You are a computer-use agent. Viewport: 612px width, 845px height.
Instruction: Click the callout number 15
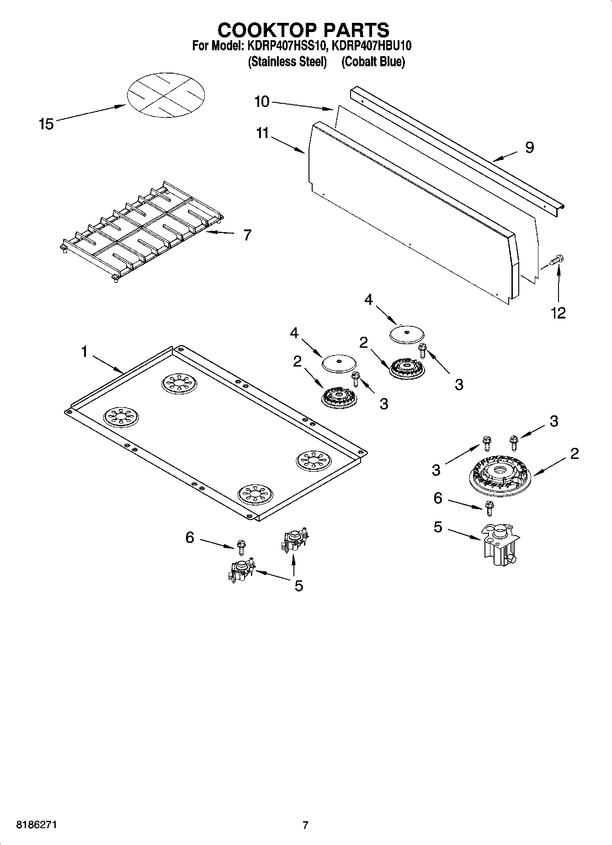coord(46,124)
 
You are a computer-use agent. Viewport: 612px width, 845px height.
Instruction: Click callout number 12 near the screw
coord(558,313)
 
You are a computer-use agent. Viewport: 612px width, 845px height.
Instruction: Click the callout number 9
coord(529,147)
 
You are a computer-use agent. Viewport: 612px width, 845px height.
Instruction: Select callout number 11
coord(262,133)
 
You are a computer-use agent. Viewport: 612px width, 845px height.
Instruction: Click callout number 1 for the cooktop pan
coord(84,351)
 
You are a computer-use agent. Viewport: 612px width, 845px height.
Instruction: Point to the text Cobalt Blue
coord(373,62)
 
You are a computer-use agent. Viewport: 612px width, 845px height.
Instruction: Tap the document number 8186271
coord(37,825)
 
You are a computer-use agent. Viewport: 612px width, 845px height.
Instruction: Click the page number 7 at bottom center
coord(305,825)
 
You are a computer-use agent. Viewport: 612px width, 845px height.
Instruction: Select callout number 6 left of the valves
coord(190,537)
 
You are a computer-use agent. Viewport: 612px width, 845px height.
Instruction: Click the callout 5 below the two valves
coord(298,586)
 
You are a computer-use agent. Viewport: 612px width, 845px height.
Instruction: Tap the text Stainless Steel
coord(287,62)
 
